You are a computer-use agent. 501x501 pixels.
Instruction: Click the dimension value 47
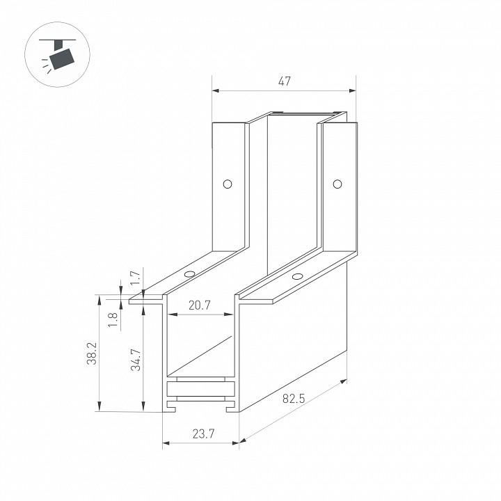(284, 81)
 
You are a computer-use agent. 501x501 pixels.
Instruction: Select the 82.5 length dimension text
(294, 399)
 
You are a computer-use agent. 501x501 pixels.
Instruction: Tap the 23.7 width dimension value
(203, 434)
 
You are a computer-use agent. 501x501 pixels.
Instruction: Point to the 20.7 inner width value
(200, 305)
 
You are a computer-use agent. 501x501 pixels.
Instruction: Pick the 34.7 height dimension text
(136, 360)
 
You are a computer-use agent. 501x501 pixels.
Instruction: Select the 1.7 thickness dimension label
(136, 278)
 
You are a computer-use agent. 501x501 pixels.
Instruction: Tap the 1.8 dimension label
(113, 320)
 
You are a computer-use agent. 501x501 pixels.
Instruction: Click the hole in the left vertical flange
(228, 184)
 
